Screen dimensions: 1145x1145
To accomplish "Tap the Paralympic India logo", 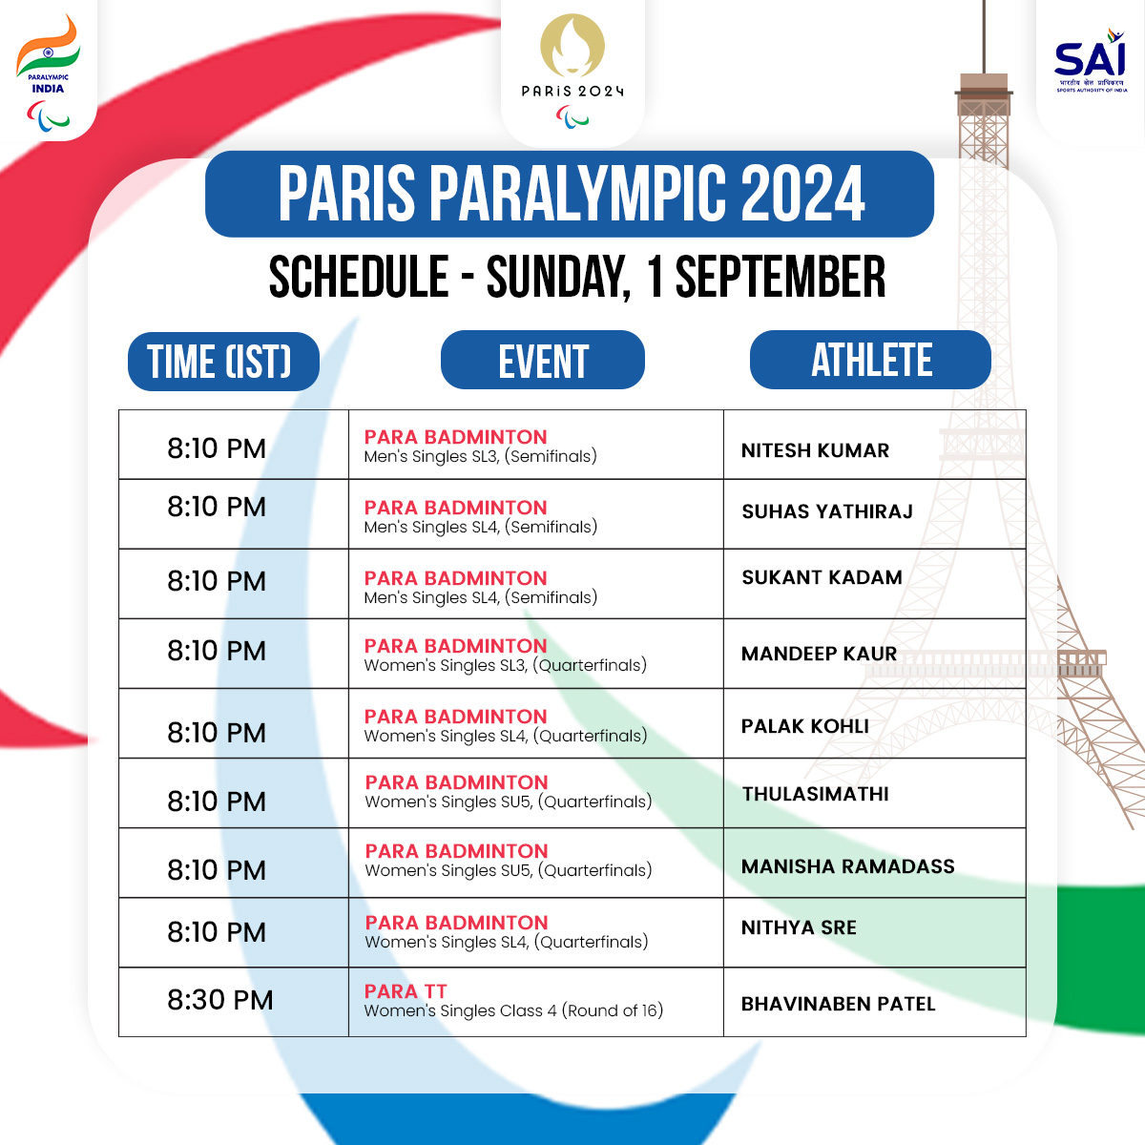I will [x=47, y=72].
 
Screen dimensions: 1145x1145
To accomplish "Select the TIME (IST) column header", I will [x=223, y=362].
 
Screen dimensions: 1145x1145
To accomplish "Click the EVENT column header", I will [x=543, y=361].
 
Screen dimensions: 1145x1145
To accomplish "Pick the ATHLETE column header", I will [x=870, y=360].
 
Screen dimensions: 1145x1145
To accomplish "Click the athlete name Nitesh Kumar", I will [x=815, y=450].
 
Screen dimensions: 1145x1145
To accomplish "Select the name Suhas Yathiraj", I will [x=827, y=511].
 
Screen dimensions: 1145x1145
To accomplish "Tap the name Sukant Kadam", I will [x=822, y=577].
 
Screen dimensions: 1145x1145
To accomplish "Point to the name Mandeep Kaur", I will [x=819, y=654].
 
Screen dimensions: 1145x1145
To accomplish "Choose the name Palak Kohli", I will [x=804, y=726].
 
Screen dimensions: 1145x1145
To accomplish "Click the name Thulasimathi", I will [x=815, y=794].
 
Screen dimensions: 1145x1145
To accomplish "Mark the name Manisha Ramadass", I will [x=847, y=866].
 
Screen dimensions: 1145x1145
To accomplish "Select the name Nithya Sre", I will [x=799, y=927].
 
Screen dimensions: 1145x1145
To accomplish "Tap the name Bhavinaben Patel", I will [x=838, y=1004].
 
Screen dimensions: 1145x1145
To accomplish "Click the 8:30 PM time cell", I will [x=220, y=1000].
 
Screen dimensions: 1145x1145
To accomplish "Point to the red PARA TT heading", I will [x=406, y=991].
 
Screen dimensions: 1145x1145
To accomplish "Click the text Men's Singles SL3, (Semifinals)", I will [x=480, y=457].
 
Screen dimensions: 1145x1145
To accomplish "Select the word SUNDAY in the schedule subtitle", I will [x=558, y=278].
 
